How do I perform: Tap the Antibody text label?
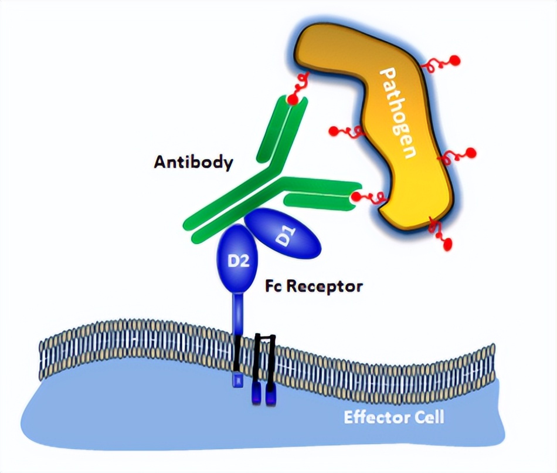193,163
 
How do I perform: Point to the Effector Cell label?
393,418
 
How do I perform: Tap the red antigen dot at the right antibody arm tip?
355,195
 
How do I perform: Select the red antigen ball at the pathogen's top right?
454,60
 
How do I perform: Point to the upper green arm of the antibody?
281,129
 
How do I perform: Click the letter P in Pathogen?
388,76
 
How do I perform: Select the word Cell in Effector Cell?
427,418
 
